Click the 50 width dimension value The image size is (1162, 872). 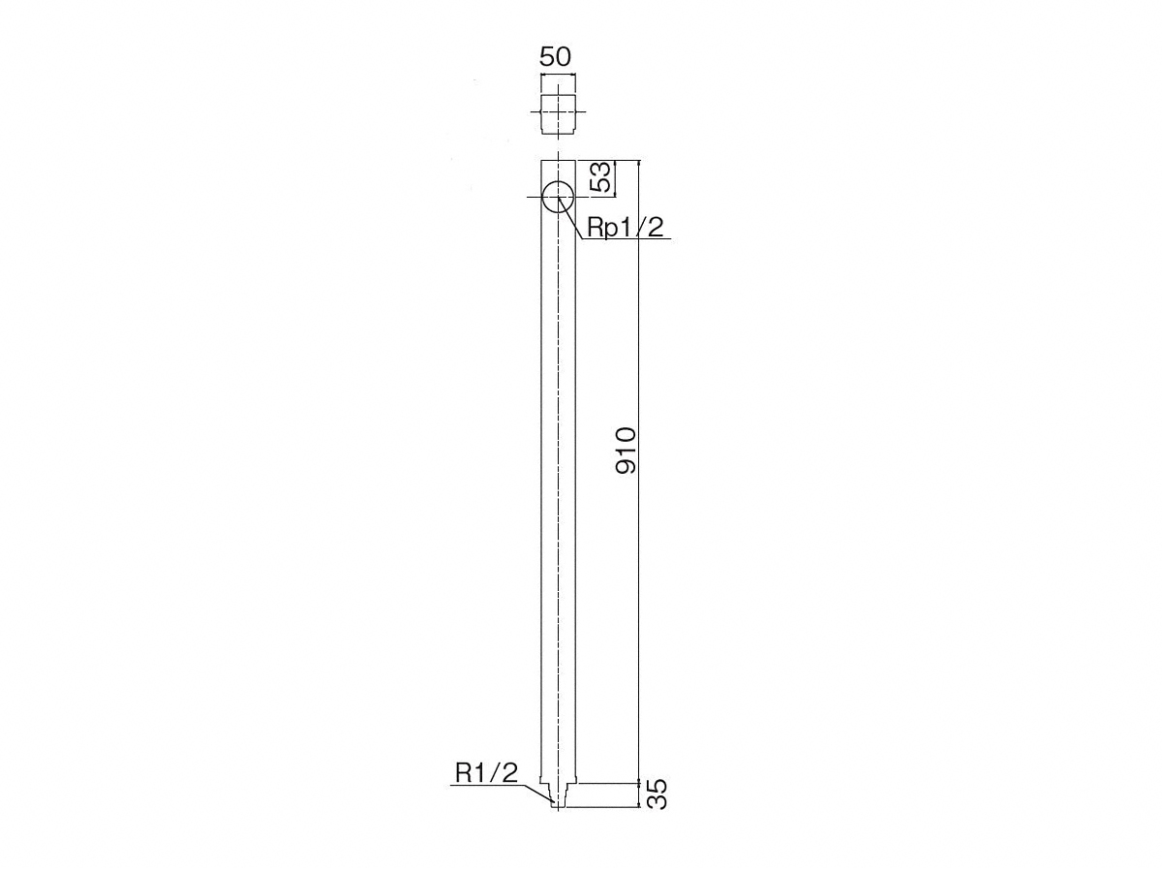555,56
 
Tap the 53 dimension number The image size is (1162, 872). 600,177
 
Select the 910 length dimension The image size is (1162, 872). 626,450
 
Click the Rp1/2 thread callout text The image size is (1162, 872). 626,228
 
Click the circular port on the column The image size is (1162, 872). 558,197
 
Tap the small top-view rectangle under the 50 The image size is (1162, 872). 558,113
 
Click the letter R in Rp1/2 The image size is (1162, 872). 596,227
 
